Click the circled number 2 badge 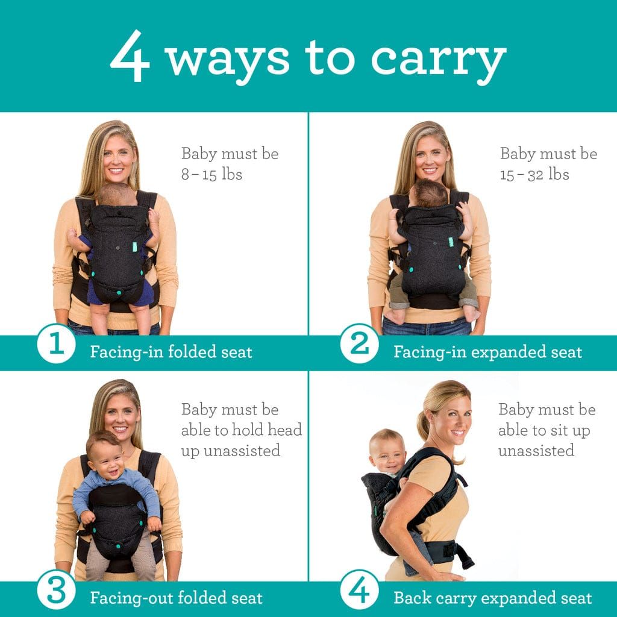[x=359, y=345]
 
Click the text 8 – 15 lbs [x=211, y=175]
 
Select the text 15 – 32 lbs [x=534, y=175]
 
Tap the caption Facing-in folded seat [x=171, y=352]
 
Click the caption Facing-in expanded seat [x=487, y=352]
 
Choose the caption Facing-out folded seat [x=176, y=598]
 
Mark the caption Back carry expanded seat [x=492, y=598]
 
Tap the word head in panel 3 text [x=283, y=430]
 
